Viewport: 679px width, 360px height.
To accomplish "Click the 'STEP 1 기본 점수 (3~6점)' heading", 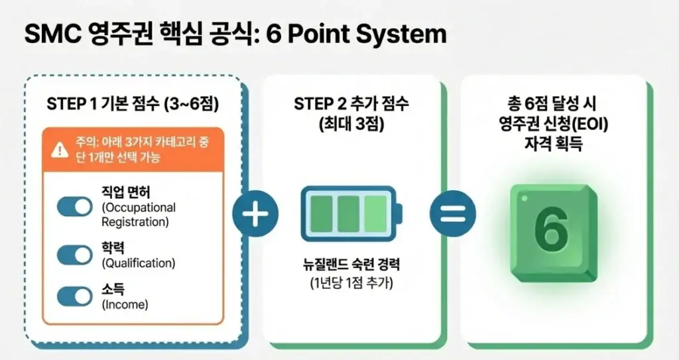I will [x=133, y=104].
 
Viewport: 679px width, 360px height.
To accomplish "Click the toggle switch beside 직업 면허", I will [x=74, y=208].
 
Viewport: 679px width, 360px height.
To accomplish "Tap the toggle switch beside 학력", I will [x=74, y=255].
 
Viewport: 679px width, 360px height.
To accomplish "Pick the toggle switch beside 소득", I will [x=74, y=296].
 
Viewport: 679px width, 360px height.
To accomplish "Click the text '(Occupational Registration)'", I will [x=138, y=215].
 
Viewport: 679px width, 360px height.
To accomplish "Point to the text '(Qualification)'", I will [x=138, y=263].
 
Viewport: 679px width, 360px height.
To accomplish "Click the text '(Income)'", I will [x=125, y=305].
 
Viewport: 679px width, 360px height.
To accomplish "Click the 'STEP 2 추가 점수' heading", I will [x=351, y=104].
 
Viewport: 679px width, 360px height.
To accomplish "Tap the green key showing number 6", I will [x=550, y=226].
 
